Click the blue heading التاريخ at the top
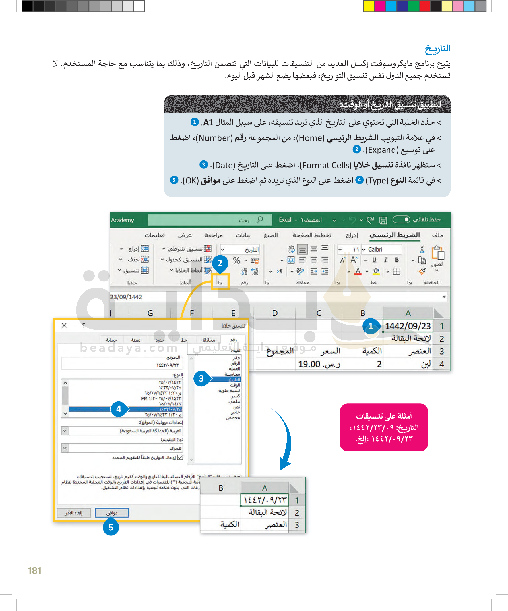(x=437, y=49)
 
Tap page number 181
(x=34, y=571)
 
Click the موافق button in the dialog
(x=112, y=513)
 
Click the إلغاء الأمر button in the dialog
(x=74, y=513)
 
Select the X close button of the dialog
(x=64, y=325)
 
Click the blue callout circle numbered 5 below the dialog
(x=111, y=528)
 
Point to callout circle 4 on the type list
(x=119, y=409)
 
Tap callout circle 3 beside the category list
(x=201, y=378)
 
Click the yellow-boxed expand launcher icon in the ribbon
(x=220, y=282)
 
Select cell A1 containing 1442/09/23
(x=408, y=326)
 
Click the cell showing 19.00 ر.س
(x=319, y=364)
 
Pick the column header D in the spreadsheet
(x=275, y=313)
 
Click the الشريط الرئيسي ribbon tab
(x=394, y=235)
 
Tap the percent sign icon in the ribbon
(x=236, y=261)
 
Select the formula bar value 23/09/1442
(x=126, y=297)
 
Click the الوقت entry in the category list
(x=235, y=385)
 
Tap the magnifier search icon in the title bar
(x=260, y=220)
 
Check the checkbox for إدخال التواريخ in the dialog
(x=180, y=457)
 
